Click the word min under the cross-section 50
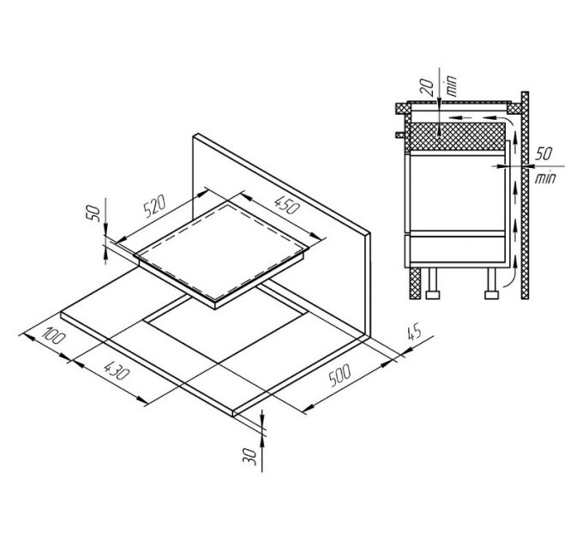tap(543, 180)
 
